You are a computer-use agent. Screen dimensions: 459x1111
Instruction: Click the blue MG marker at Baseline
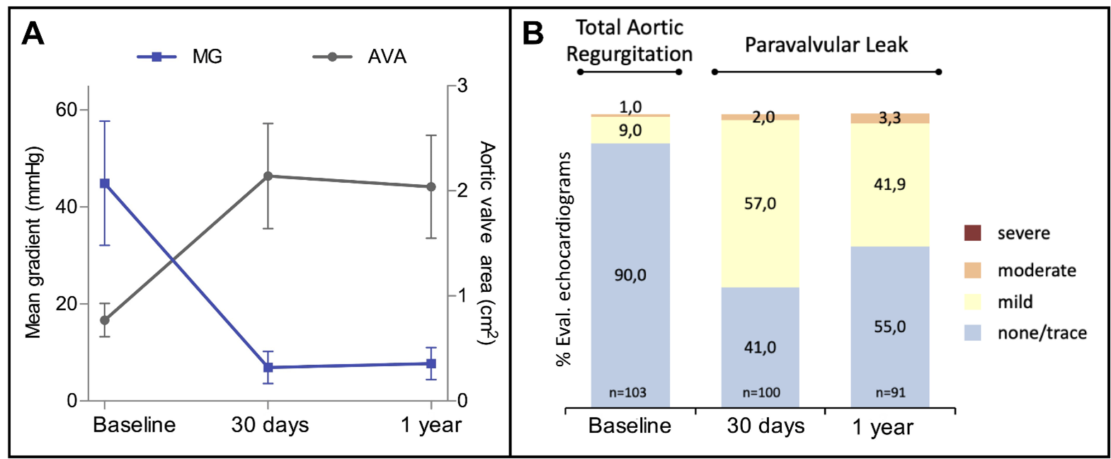[105, 183]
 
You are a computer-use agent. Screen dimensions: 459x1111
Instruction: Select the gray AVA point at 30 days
[268, 176]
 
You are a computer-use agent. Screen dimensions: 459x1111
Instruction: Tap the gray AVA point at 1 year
[431, 187]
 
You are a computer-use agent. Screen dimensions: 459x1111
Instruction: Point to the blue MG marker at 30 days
[268, 368]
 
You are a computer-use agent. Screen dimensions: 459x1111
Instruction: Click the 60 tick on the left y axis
[66, 110]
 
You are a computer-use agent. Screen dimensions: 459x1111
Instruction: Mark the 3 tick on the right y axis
[462, 86]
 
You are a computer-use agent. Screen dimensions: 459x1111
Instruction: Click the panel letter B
[532, 33]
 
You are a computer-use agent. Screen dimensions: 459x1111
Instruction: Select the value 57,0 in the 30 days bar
[760, 204]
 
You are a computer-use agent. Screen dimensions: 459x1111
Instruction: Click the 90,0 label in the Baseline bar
[630, 275]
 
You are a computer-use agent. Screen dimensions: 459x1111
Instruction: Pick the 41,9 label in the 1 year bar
[889, 185]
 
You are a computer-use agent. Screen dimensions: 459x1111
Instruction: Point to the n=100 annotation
[760, 392]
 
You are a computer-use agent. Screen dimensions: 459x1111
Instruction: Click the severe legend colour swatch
[973, 233]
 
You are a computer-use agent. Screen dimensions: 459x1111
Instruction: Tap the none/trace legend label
[1042, 333]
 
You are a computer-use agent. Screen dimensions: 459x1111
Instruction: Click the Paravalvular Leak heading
[826, 45]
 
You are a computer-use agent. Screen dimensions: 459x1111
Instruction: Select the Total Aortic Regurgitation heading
[629, 40]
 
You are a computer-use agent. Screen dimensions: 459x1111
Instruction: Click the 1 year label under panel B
[882, 427]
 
